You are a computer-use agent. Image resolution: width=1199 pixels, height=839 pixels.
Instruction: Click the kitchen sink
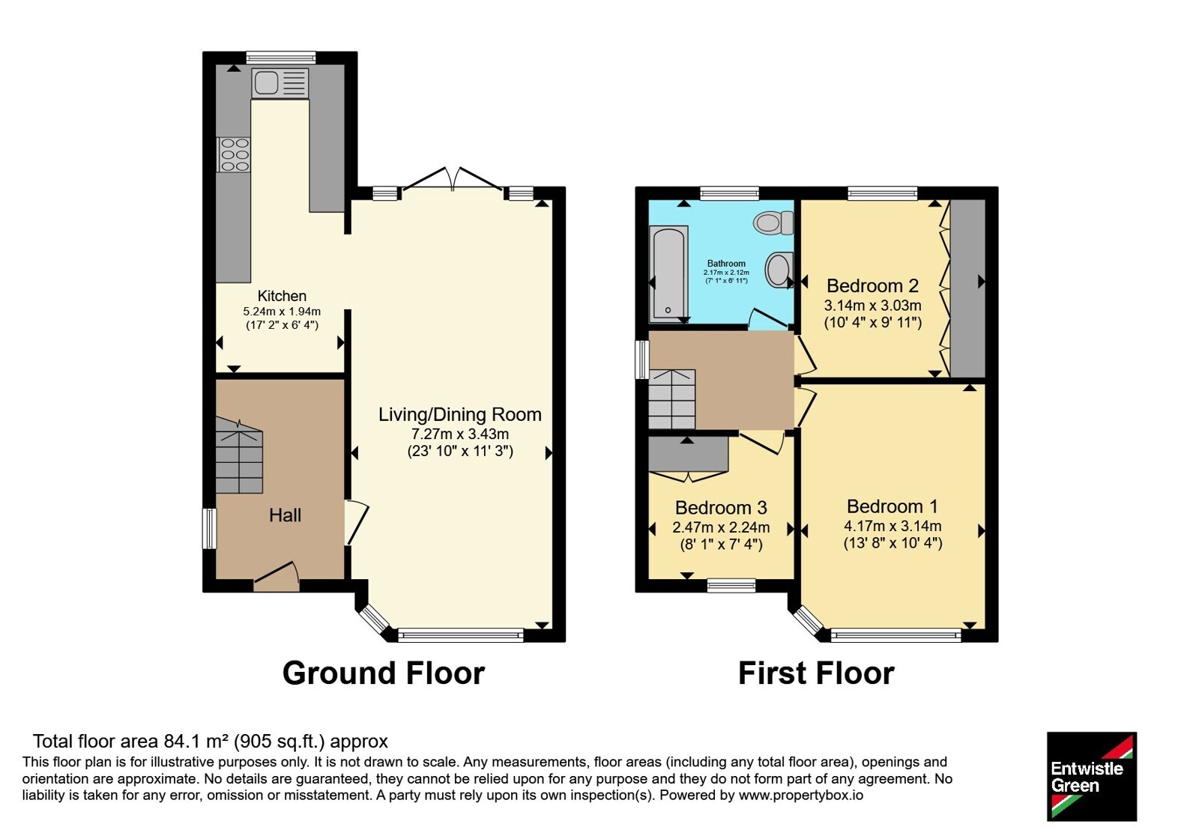(x=280, y=83)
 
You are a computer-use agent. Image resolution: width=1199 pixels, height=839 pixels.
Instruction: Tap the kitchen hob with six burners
(x=233, y=154)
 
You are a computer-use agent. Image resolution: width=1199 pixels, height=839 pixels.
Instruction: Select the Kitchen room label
(x=282, y=296)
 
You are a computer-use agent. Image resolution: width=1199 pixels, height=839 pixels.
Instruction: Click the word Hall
(x=285, y=515)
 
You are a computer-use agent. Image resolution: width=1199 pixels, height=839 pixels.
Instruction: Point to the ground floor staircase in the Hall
(x=239, y=456)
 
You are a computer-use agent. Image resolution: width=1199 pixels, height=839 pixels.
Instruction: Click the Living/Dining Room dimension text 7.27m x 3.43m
(x=460, y=434)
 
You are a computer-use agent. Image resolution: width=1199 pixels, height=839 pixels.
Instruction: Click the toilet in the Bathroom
(x=773, y=222)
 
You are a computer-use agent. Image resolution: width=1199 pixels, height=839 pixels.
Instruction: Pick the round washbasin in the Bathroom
(x=779, y=270)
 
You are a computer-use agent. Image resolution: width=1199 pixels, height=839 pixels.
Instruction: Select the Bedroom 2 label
(x=872, y=285)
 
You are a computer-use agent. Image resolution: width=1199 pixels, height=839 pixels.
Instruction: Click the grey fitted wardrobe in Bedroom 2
(x=967, y=289)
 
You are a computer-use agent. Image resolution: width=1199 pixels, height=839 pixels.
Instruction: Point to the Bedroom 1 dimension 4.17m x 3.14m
(x=893, y=526)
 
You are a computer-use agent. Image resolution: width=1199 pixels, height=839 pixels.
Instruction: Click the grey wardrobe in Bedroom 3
(x=689, y=455)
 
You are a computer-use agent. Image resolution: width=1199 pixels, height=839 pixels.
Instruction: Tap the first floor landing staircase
(x=671, y=399)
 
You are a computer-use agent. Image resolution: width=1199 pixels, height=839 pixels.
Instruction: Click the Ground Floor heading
(x=383, y=673)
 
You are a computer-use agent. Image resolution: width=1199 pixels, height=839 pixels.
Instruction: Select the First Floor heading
(x=816, y=673)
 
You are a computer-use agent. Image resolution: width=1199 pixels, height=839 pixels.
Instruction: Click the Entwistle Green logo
(x=1092, y=776)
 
